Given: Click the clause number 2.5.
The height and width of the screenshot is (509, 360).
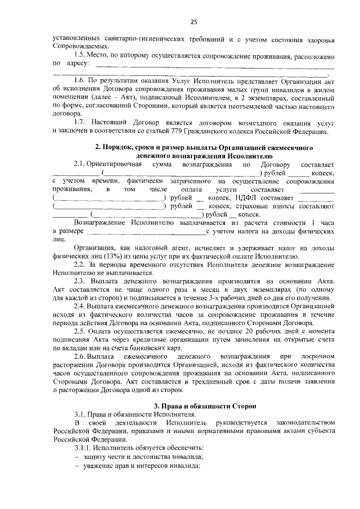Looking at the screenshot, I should click(x=80, y=332).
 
